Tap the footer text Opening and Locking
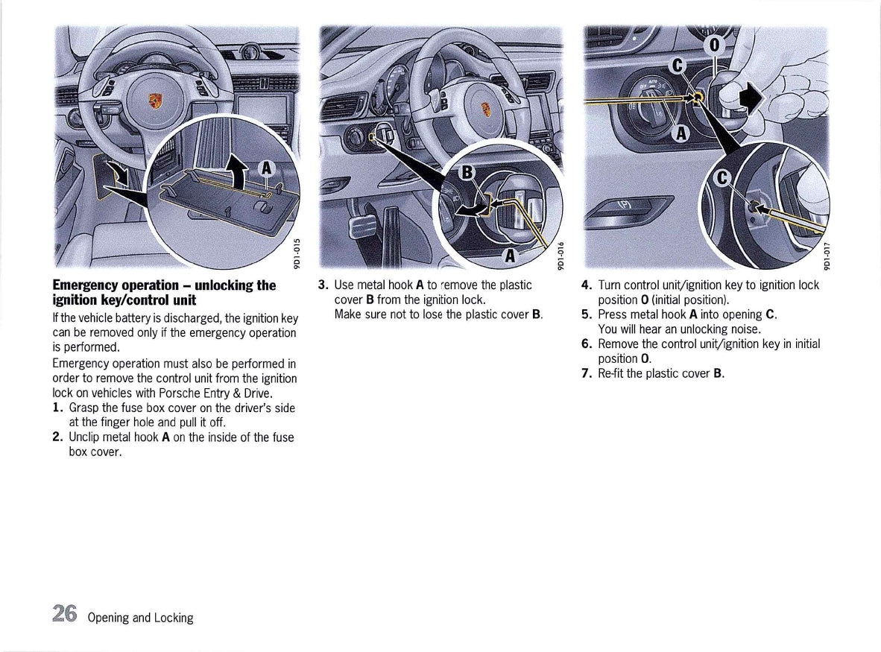140,618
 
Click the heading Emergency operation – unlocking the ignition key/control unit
164,293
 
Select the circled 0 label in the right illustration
714,45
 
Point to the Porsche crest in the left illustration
155,101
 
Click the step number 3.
323,285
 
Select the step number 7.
587,373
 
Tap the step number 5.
587,314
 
